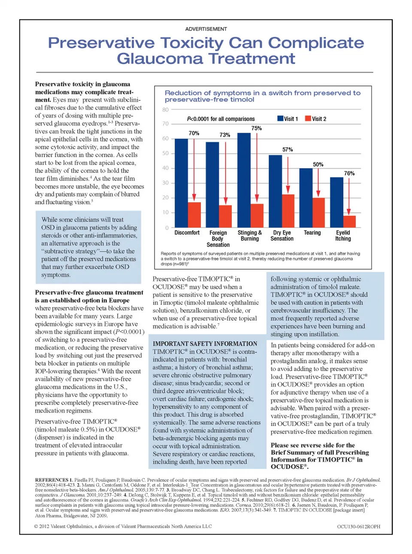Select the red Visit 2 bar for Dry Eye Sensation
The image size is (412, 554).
(288, 211)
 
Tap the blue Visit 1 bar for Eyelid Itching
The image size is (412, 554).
(336, 202)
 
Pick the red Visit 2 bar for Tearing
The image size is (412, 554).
(318, 213)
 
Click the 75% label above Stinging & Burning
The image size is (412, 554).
(256, 128)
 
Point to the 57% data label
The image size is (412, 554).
(288, 149)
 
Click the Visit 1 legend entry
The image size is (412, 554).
(288, 119)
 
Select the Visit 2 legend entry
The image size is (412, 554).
(315, 119)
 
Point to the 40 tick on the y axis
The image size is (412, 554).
(165, 168)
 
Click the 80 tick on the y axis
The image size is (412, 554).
(165, 110)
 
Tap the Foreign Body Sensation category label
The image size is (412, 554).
(218, 238)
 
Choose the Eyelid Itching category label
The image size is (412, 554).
(343, 235)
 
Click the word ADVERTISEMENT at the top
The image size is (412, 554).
(206, 29)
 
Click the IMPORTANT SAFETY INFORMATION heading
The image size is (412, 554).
(205, 344)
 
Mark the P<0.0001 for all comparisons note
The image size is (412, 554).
(221, 119)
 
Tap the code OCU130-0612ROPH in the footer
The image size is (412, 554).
(358, 527)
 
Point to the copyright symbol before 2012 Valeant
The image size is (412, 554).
(36, 527)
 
